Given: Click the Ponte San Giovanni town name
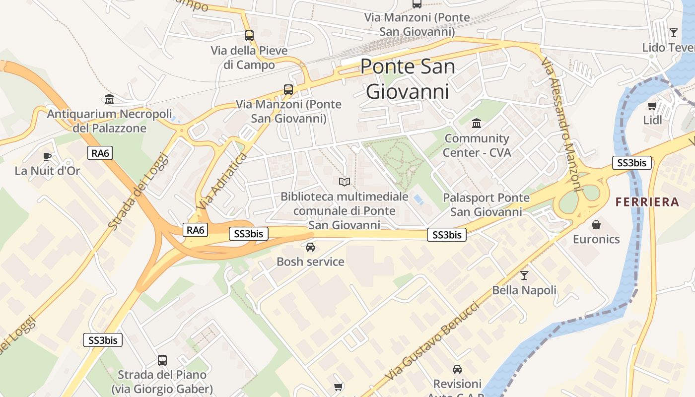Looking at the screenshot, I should [407, 78].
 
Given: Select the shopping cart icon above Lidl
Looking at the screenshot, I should [652, 106].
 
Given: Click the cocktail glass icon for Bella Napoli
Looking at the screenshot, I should [524, 275].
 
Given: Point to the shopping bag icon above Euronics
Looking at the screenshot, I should [596, 225].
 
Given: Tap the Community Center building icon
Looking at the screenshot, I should [477, 123].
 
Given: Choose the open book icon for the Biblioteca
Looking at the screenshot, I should [345, 182].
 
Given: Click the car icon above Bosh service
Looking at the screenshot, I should [310, 247].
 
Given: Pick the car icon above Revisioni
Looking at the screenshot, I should [457, 369].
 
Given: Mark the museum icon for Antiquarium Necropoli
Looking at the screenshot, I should [109, 99].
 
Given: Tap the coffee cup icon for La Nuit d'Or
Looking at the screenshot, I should [47, 157].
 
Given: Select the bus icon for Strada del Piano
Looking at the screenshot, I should [162, 360].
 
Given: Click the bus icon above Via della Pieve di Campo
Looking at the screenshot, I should [249, 36].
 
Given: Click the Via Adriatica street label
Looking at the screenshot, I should [221, 181].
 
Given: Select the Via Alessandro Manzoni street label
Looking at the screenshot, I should [561, 124].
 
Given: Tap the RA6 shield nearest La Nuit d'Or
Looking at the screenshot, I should [100, 153].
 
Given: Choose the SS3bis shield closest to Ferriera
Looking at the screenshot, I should [631, 163].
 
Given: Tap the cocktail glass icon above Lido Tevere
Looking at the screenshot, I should [673, 33].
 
